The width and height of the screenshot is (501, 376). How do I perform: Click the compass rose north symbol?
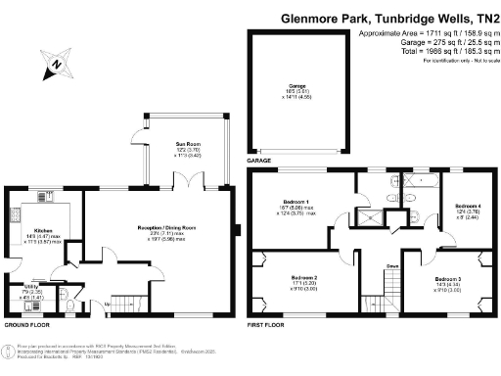pyautogui.click(x=57, y=66)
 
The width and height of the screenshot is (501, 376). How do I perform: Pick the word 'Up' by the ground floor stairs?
pyautogui.click(x=107, y=303)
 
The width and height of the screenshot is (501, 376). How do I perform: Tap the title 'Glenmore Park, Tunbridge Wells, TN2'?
pyautogui.click(x=389, y=18)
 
